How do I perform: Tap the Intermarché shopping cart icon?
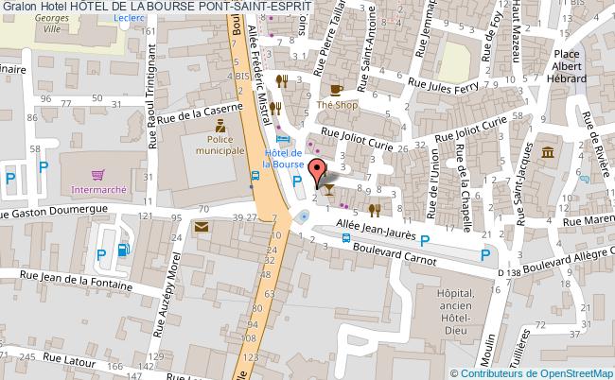pyautogui.click(x=97, y=175)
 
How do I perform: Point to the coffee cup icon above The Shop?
pyautogui.click(x=336, y=90)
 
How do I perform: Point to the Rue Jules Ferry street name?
pyautogui.click(x=443, y=84)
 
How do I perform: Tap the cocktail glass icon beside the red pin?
pyautogui.click(x=327, y=187)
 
